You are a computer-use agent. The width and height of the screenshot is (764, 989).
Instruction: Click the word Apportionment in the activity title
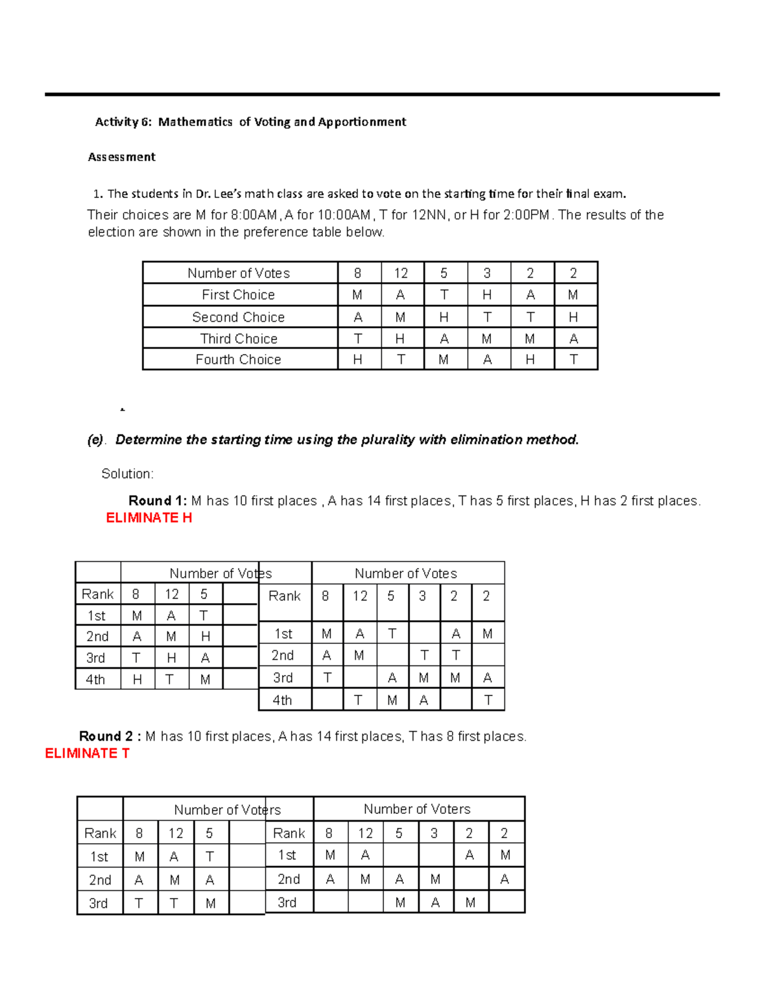(x=362, y=122)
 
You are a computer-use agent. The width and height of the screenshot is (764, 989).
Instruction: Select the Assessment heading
(x=122, y=157)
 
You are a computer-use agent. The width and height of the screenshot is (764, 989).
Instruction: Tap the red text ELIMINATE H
(x=149, y=518)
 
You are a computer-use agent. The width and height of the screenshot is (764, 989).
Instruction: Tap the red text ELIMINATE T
(x=87, y=753)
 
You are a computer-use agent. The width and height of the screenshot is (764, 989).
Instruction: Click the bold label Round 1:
(x=157, y=501)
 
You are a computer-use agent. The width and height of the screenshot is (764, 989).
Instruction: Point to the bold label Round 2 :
(x=110, y=736)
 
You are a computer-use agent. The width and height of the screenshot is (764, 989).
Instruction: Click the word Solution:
(x=127, y=474)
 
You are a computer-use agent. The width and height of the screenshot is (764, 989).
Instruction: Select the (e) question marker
(x=95, y=440)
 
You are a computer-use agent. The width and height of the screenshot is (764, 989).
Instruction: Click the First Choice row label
(x=238, y=295)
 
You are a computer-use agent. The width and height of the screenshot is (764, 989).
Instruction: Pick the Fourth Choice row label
(x=238, y=360)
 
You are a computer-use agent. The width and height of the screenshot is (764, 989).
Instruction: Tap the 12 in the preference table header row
(x=400, y=273)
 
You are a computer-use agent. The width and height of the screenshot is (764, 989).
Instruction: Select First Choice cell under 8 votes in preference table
(x=357, y=295)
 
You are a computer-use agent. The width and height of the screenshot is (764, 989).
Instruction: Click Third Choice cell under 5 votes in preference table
(x=444, y=339)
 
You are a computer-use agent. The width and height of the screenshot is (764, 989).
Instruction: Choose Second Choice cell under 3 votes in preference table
(x=487, y=317)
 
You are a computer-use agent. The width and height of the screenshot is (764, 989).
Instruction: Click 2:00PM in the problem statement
(x=526, y=215)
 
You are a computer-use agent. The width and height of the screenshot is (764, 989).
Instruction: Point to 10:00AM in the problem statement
(x=343, y=215)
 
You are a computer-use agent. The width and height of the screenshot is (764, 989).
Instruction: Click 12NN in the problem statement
(x=428, y=215)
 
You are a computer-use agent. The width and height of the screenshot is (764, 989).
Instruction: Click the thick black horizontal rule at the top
(x=382, y=94)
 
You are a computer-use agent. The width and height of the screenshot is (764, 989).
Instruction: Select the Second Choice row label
(x=238, y=317)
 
